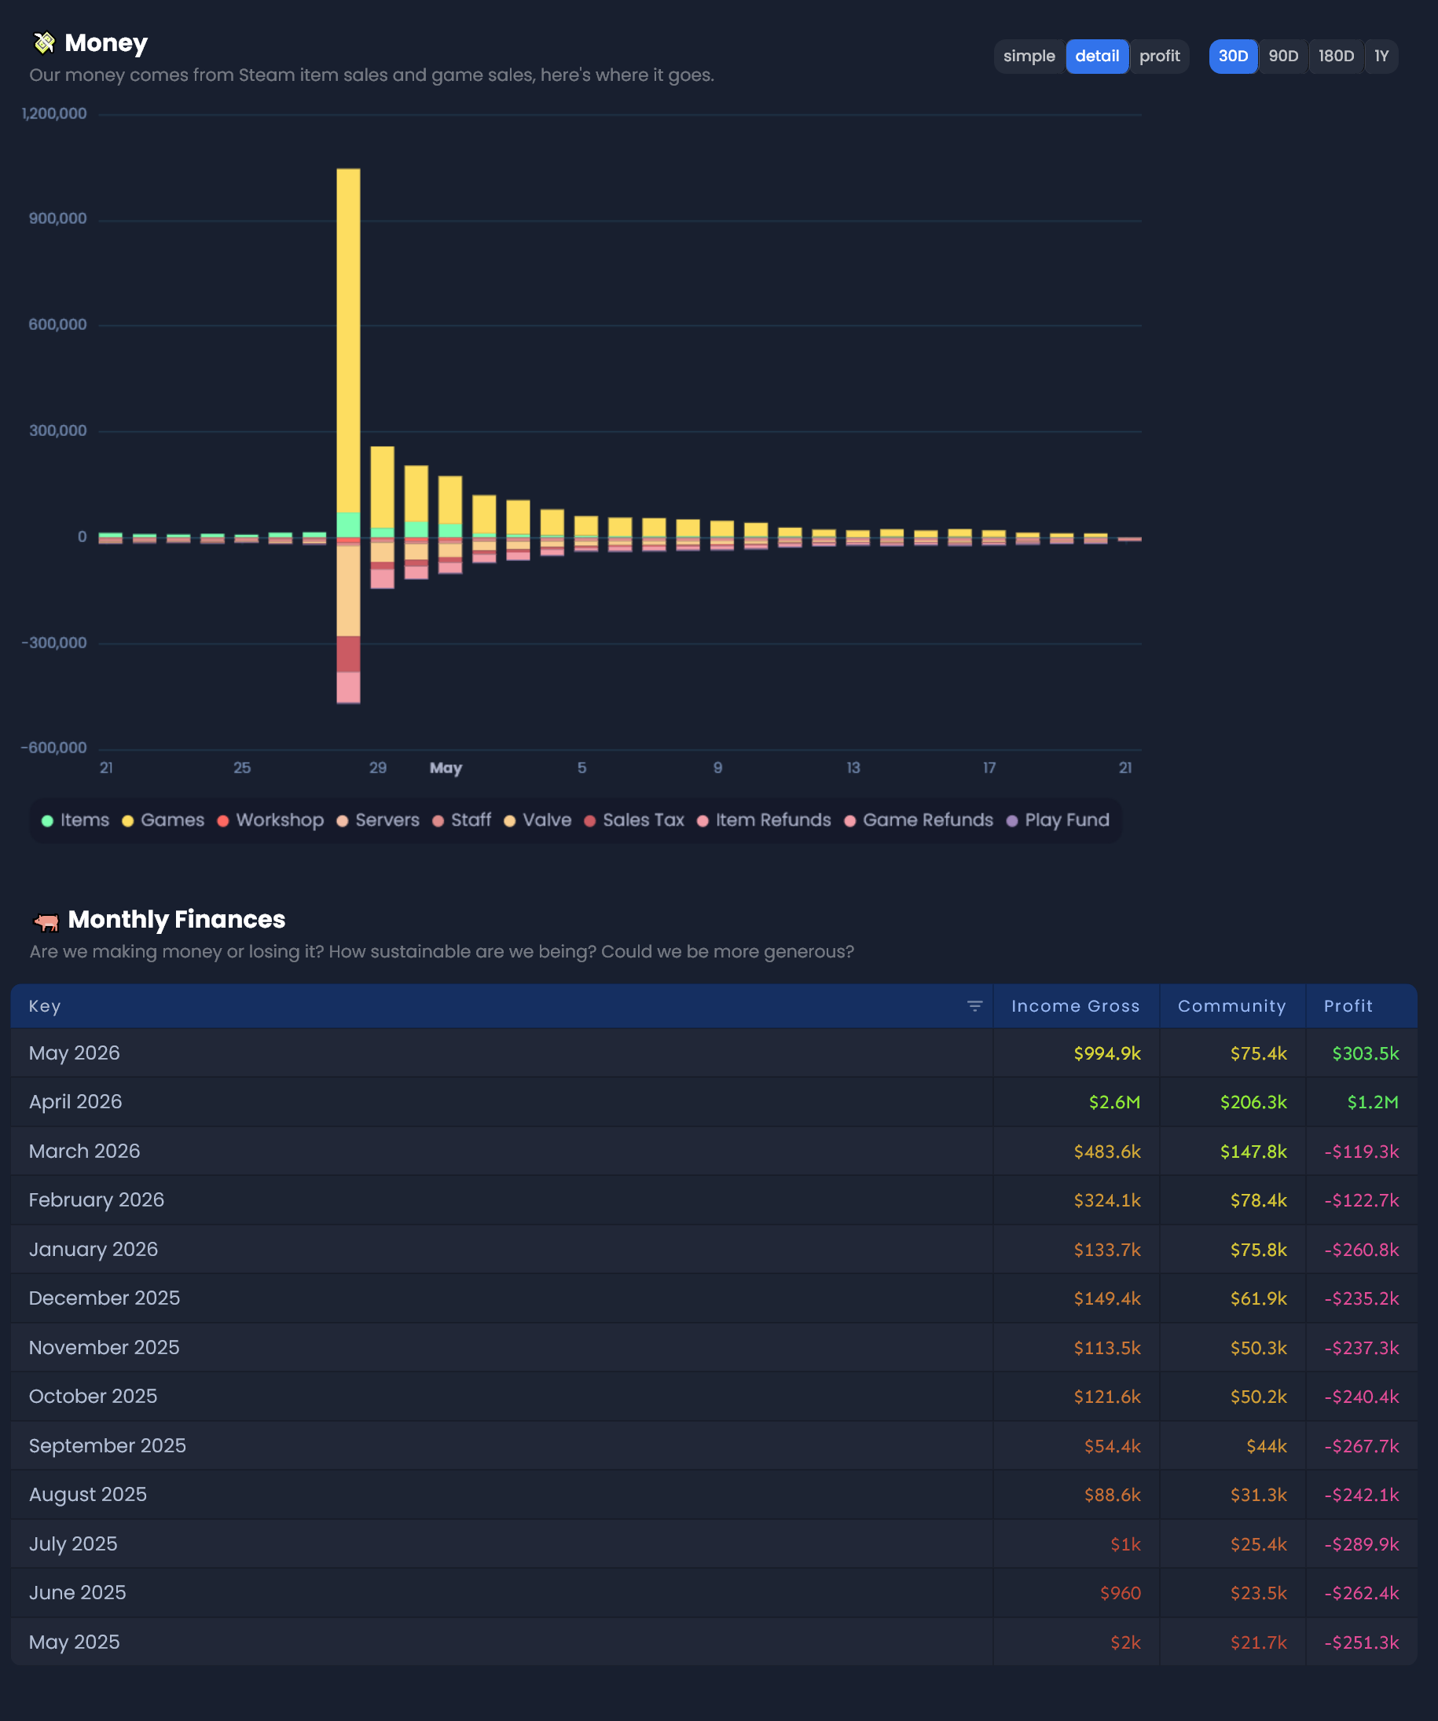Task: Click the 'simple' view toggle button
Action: pyautogui.click(x=1029, y=57)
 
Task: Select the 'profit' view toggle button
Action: pyautogui.click(x=1159, y=57)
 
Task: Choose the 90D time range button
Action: pyautogui.click(x=1283, y=57)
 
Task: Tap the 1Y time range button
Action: pyautogui.click(x=1381, y=57)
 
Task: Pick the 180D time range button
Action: pyautogui.click(x=1336, y=57)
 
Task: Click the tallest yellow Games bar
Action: pyautogui.click(x=348, y=341)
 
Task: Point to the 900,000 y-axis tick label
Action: pyautogui.click(x=57, y=219)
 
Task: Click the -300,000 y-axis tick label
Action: pyautogui.click(x=54, y=643)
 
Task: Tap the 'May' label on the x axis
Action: pyautogui.click(x=446, y=768)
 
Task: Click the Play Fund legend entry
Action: pyautogui.click(x=1058, y=820)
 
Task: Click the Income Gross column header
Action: pyautogui.click(x=1076, y=1006)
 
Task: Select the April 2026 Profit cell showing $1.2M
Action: pyautogui.click(x=1374, y=1102)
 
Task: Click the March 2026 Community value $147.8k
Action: pyautogui.click(x=1253, y=1152)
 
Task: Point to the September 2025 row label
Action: pyautogui.click(x=108, y=1445)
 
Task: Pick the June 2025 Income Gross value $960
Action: pyautogui.click(x=1120, y=1593)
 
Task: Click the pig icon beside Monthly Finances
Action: pyautogui.click(x=46, y=922)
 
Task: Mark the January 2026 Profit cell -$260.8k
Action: pyautogui.click(x=1362, y=1250)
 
